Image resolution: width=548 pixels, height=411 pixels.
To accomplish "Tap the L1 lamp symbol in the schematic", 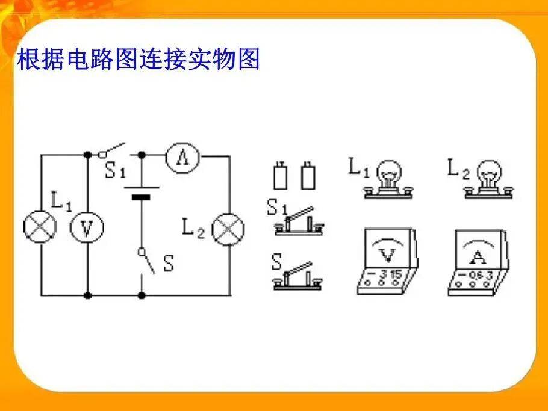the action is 40,227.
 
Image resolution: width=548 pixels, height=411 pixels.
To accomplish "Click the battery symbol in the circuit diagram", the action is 142,193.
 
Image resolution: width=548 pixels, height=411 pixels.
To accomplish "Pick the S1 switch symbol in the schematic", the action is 111,150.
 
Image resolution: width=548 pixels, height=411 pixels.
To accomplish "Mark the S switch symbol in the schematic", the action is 146,261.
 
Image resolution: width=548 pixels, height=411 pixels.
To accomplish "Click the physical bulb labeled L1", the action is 388,179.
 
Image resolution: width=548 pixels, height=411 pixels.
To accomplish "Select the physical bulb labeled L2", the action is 489,179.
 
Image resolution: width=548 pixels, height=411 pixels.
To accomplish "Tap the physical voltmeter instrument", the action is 387,262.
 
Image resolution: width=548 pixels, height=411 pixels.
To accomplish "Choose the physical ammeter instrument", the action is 478,262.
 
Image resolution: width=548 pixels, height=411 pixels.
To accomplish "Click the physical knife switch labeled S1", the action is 299,221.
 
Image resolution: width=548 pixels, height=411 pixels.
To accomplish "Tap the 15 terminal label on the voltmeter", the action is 396,274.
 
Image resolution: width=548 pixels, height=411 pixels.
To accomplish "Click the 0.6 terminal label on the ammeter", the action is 476,275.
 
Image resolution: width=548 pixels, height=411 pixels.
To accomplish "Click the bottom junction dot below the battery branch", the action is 142,295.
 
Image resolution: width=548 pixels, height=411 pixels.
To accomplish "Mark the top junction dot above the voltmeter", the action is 87,155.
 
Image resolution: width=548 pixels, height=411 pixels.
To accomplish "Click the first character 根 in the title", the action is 29,59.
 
